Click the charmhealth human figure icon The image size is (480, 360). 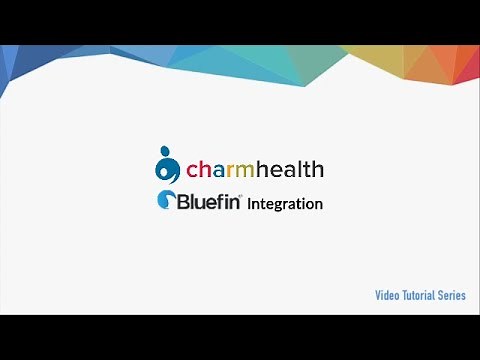click(x=168, y=166)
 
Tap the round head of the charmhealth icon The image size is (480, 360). click(x=165, y=152)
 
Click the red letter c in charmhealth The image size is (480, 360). click(x=193, y=170)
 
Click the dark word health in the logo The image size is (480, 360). click(x=296, y=168)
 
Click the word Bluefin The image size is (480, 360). click(x=208, y=202)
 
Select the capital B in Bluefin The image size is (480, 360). click(x=184, y=202)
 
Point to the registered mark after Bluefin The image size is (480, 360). click(x=240, y=195)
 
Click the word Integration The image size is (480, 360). click(x=285, y=204)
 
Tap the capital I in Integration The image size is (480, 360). click(x=250, y=203)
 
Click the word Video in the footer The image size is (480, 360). click(x=387, y=295)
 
